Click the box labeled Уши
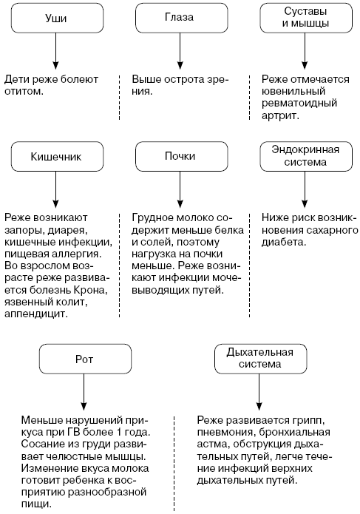coord(58,18)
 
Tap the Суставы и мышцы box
coord(306,18)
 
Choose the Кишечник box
coord(58,156)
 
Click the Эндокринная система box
coord(306,156)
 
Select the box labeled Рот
coord(85,359)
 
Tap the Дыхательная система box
coord(261,359)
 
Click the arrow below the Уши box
coord(55,51)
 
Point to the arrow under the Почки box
coord(180,189)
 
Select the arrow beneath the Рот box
coord(84,392)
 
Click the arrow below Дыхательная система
coord(259,392)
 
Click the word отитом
coord(24,91)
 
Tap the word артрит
coord(280,115)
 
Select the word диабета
coord(284,243)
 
